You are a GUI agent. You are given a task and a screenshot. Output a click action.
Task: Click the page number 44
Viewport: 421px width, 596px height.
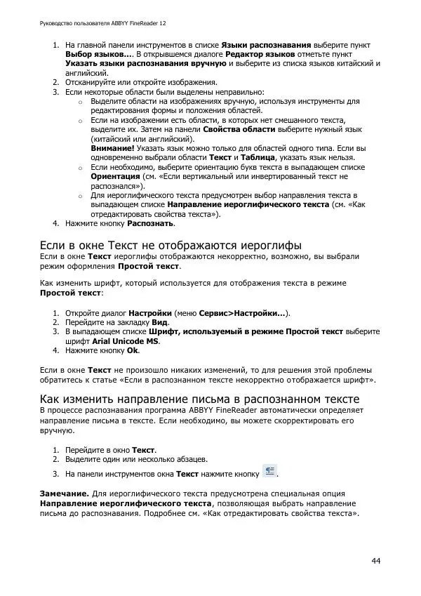(376, 560)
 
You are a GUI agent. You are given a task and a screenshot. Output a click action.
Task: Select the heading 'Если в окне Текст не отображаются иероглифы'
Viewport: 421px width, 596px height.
(170, 245)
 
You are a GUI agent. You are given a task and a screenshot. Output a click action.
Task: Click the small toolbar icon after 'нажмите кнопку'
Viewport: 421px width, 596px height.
(270, 472)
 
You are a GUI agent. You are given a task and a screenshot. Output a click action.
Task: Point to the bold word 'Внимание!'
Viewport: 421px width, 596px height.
(113, 149)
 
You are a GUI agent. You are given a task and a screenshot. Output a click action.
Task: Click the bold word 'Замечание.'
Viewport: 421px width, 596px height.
(65, 494)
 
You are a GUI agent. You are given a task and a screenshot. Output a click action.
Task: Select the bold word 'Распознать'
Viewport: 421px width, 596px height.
(150, 224)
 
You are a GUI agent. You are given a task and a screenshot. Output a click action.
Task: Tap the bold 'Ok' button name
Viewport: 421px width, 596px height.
(133, 350)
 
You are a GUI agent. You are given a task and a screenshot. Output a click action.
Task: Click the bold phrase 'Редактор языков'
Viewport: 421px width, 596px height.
(260, 54)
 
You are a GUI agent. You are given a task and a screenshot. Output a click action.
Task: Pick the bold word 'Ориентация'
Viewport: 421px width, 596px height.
(115, 178)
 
